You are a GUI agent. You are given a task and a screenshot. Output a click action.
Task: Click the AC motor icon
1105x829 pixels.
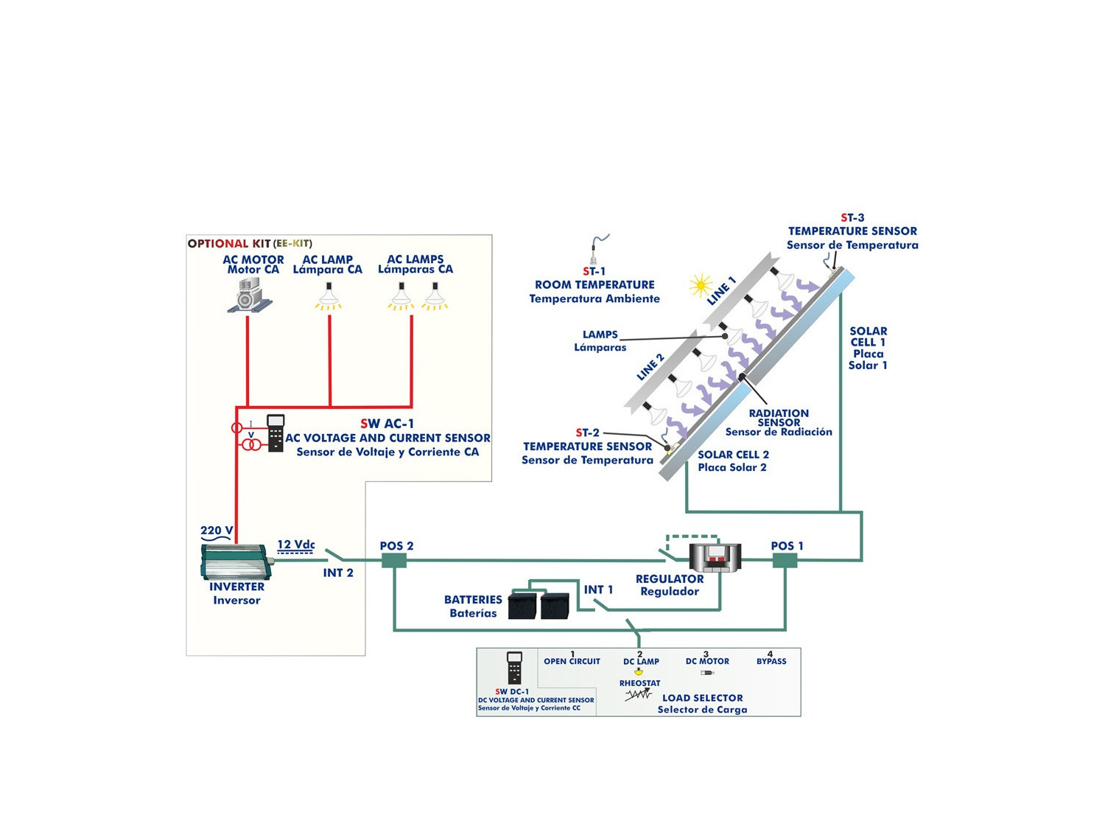click(x=250, y=295)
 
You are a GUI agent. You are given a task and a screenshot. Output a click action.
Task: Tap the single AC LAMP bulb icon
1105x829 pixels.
click(x=329, y=296)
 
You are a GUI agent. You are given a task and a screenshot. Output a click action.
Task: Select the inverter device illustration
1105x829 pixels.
click(x=235, y=562)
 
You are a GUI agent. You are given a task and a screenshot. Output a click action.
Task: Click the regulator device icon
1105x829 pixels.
click(x=715, y=558)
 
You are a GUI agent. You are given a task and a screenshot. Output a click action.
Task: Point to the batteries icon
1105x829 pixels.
click(x=539, y=605)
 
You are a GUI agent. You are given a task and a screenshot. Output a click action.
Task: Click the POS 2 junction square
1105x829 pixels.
click(x=394, y=561)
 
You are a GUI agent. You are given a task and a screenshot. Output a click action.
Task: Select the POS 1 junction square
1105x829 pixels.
click(x=785, y=561)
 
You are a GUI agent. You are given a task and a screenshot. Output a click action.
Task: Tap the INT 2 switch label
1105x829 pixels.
click(x=338, y=573)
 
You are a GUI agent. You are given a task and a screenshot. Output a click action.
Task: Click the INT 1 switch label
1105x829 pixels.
click(x=598, y=590)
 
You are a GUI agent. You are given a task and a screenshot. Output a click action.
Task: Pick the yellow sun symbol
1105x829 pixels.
click(x=700, y=285)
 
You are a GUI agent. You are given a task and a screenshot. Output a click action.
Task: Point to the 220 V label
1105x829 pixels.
click(x=217, y=531)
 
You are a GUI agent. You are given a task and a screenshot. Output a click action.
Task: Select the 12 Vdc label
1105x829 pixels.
click(x=295, y=545)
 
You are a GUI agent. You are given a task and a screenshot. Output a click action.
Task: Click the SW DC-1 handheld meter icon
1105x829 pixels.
click(x=514, y=668)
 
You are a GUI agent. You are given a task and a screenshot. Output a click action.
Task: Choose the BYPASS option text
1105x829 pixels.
click(x=771, y=661)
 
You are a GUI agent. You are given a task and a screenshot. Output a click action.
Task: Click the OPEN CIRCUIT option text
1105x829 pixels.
click(x=572, y=661)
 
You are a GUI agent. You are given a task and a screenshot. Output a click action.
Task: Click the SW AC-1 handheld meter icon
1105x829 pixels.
click(x=276, y=433)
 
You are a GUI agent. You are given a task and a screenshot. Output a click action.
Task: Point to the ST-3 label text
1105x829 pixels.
click(x=852, y=218)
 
